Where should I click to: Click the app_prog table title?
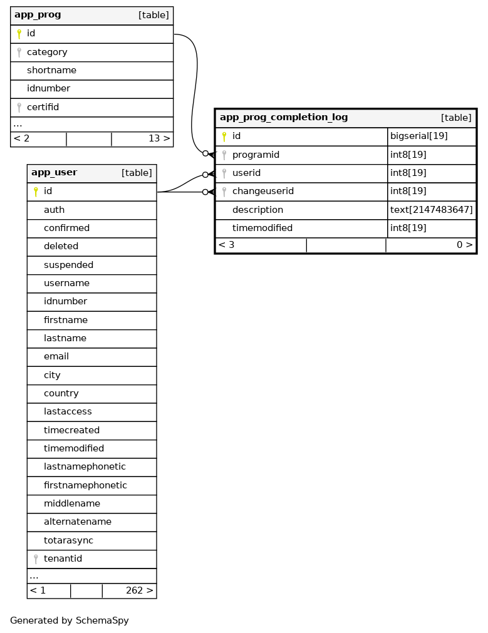click(38, 15)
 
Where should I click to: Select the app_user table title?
click(55, 173)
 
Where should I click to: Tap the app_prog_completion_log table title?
click(284, 118)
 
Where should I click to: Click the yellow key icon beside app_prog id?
click(19, 34)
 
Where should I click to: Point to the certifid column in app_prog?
click(43, 107)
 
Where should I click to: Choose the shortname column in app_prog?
click(51, 71)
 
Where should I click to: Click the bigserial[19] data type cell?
click(418, 136)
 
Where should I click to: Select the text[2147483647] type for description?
click(431, 210)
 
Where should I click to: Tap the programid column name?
click(256, 155)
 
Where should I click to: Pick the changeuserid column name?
click(262, 191)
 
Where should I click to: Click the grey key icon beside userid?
click(224, 173)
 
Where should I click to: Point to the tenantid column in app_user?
click(63, 558)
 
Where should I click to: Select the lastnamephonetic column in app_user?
click(85, 467)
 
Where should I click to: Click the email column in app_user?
click(56, 357)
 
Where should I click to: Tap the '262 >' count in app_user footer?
click(139, 590)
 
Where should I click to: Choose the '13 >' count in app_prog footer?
click(159, 138)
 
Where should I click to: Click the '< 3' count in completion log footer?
click(227, 245)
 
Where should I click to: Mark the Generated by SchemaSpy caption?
click(70, 621)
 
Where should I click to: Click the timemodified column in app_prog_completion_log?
click(262, 228)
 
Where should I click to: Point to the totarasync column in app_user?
click(68, 540)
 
